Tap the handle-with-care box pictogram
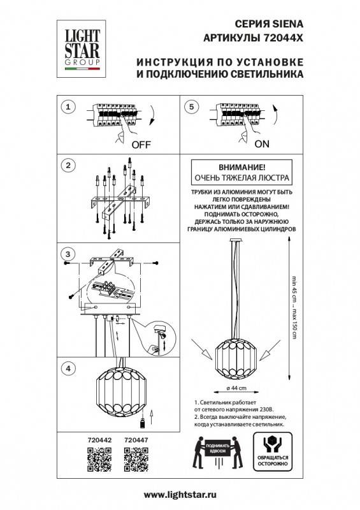[x=271, y=449]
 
